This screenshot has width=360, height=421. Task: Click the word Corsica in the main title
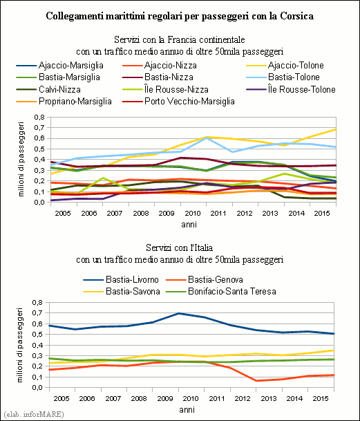[296, 16]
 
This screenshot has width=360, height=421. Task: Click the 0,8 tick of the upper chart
[39, 118]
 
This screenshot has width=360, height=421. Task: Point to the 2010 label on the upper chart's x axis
[193, 214]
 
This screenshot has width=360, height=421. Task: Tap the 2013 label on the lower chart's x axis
[269, 398]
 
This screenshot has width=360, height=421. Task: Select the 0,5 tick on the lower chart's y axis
[37, 335]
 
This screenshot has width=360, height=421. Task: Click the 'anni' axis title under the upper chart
[189, 225]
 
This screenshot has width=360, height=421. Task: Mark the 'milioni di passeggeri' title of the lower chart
[20, 345]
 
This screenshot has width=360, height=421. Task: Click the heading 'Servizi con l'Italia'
[180, 247]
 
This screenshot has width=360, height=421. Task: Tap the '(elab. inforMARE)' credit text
[34, 414]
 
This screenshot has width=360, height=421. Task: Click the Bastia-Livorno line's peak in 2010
[179, 313]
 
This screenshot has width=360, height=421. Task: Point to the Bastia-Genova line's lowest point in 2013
[256, 381]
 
